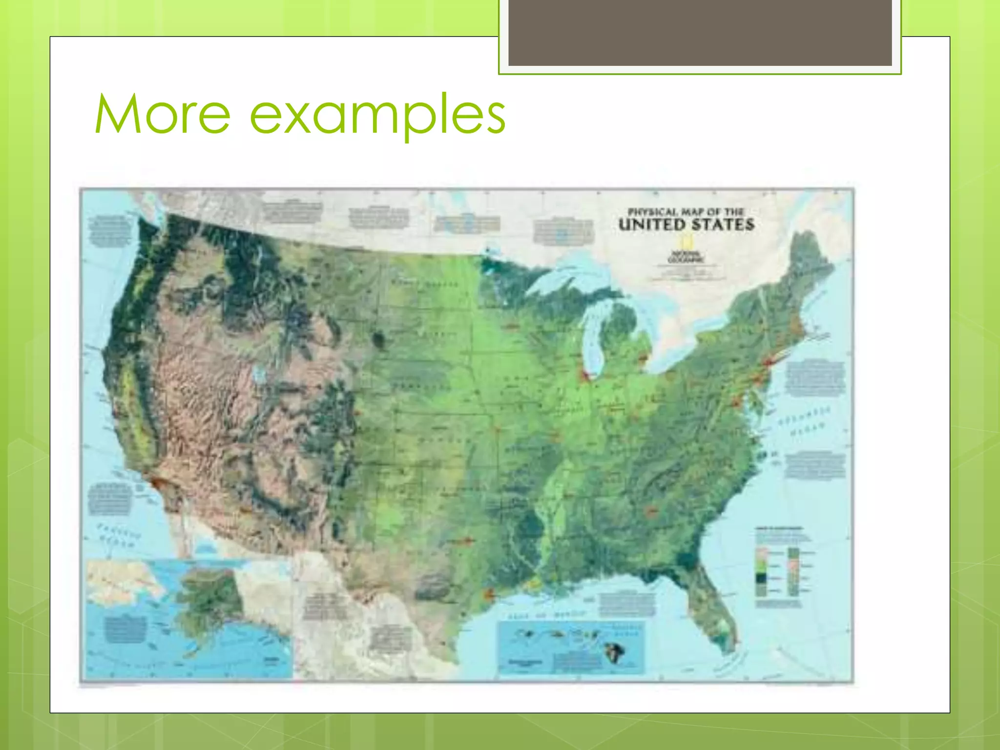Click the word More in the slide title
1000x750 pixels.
click(x=162, y=114)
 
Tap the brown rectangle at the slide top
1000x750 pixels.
click(x=700, y=32)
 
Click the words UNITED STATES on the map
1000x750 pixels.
click(x=686, y=225)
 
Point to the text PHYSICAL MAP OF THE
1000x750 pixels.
click(x=686, y=212)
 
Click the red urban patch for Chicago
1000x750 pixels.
click(x=584, y=375)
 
